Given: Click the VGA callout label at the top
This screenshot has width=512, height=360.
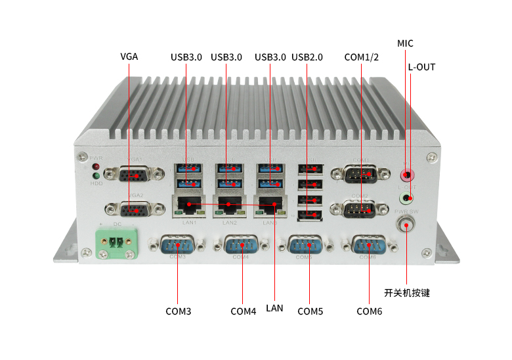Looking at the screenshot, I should pyautogui.click(x=129, y=56).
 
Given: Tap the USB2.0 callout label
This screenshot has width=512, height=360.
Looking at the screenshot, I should pyautogui.click(x=307, y=57).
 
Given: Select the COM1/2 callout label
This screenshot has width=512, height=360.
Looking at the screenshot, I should pyautogui.click(x=362, y=57).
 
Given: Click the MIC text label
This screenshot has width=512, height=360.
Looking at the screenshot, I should pyautogui.click(x=405, y=43).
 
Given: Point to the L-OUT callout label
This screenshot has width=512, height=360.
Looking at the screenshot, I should pyautogui.click(x=421, y=67).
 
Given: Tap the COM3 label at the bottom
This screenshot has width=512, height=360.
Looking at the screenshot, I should pyautogui.click(x=178, y=311).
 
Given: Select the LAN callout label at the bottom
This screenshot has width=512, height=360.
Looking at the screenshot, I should pyautogui.click(x=274, y=307).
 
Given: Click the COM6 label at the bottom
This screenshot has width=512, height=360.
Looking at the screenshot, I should pyautogui.click(x=369, y=311).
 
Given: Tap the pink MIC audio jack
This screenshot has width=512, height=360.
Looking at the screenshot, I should pyautogui.click(x=408, y=175).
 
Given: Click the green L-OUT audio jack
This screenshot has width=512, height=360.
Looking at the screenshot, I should pyautogui.click(x=408, y=198).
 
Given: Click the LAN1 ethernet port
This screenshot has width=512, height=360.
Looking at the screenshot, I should pyautogui.click(x=189, y=206).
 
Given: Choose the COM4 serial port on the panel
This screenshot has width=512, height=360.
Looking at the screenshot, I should pyautogui.click(x=241, y=247).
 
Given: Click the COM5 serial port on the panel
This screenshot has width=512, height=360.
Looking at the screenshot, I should pyautogui.click(x=305, y=247).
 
